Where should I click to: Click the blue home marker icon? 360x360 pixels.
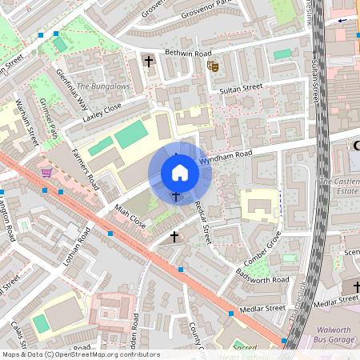point(180,173)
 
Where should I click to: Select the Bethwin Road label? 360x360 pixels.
point(190,53)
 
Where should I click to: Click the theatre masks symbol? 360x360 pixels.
point(213,66)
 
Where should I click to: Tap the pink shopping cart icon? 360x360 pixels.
point(47,172)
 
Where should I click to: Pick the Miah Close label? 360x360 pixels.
point(131,216)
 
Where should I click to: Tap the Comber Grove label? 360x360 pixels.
point(262,248)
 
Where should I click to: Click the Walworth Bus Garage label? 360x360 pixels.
point(340,334)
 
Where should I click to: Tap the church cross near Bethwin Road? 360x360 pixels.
point(148,61)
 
